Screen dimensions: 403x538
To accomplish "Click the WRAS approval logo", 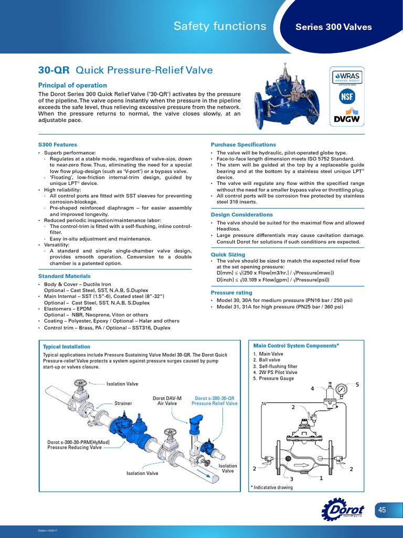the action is pyautogui.click(x=346, y=78).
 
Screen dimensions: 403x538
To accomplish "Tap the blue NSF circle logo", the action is pyautogui.click(x=346, y=97).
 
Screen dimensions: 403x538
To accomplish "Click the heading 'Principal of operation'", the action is pyautogui.click(x=72, y=85).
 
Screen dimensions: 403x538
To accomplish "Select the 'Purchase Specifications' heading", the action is pyautogui.click(x=243, y=144).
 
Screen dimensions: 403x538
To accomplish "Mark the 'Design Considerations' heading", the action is pyautogui.click(x=242, y=214).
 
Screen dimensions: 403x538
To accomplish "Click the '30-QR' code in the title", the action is pyautogui.click(x=55, y=70).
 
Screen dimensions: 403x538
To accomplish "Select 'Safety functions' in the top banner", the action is pyautogui.click(x=220, y=26).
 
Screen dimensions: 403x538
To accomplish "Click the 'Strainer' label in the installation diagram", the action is pyautogui.click(x=123, y=403).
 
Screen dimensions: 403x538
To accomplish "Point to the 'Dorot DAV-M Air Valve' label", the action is pyautogui.click(x=167, y=401).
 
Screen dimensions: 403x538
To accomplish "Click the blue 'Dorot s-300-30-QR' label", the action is pyautogui.click(x=214, y=398).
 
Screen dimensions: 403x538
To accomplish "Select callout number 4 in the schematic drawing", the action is pyautogui.click(x=312, y=388).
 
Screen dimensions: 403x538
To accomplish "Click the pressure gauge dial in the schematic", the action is pyautogui.click(x=343, y=390).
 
